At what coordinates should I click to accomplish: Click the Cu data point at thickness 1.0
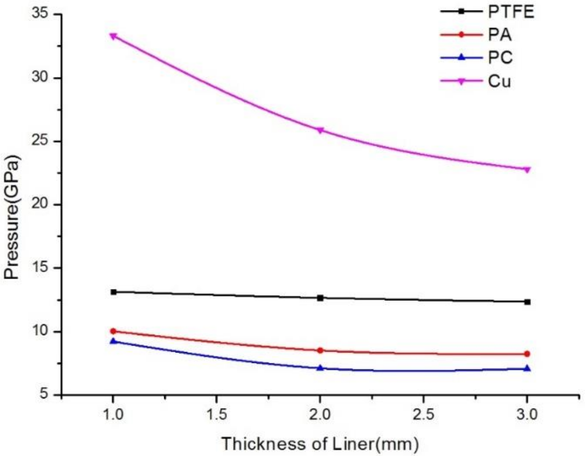click(113, 36)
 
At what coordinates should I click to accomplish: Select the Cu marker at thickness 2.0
click(320, 130)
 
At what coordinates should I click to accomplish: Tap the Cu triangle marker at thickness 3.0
click(527, 170)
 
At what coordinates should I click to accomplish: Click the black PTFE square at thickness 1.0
click(113, 292)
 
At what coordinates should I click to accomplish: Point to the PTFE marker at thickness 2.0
click(320, 298)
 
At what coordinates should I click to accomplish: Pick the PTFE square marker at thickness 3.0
click(527, 302)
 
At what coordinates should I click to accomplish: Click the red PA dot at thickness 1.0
click(113, 331)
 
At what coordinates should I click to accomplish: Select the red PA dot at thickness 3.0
click(527, 354)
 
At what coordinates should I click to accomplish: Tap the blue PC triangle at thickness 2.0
click(320, 368)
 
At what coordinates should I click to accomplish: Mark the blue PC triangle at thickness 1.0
click(113, 341)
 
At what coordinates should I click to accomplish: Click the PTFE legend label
click(511, 12)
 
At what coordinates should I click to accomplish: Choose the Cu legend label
click(499, 81)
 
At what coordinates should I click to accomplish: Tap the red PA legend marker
click(461, 35)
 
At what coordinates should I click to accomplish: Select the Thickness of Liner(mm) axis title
click(320, 444)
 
